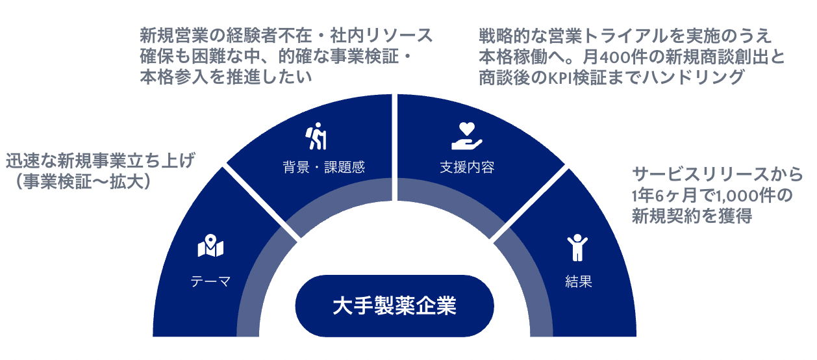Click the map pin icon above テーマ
point(210,247)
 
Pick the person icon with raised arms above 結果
point(577,248)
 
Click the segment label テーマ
point(210,281)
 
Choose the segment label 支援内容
point(467,167)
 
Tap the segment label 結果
point(578,281)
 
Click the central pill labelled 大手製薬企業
point(394,306)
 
